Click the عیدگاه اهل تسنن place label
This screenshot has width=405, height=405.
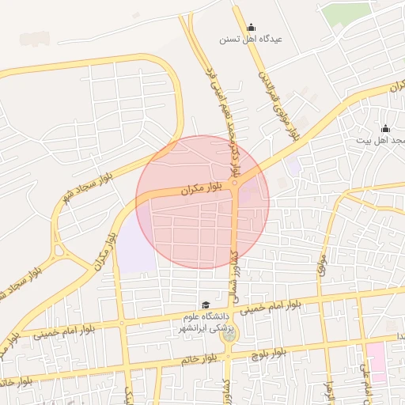(x=251, y=38)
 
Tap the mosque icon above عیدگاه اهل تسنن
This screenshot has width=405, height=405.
(x=252, y=26)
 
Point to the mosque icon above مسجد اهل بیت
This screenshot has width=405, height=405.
(x=385, y=128)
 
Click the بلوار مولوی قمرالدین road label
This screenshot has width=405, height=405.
(x=277, y=102)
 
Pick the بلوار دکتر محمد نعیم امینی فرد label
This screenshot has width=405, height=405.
(x=221, y=119)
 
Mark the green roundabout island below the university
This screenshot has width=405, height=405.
(x=229, y=335)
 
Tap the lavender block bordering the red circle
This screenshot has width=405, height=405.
(x=136, y=245)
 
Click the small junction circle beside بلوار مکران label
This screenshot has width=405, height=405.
(x=234, y=184)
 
